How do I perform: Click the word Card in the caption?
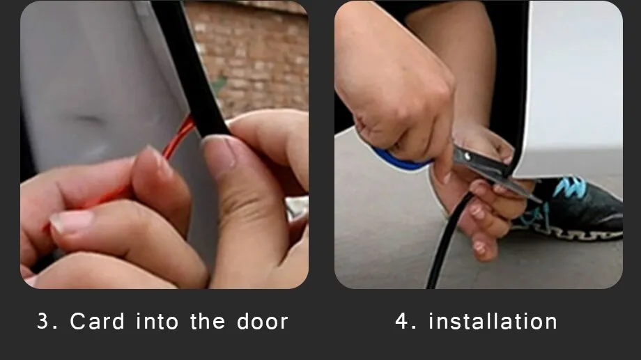(x=98, y=321)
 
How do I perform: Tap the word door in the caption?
(x=263, y=321)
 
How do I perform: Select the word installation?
(x=493, y=321)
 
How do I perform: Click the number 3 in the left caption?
(x=43, y=321)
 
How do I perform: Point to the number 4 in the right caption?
(x=401, y=321)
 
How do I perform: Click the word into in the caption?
(x=157, y=321)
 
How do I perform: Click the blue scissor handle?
(x=400, y=160)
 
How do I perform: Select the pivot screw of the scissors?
(x=467, y=156)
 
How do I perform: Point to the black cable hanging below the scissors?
(x=447, y=241)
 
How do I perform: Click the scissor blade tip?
(x=539, y=201)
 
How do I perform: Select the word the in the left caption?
(x=208, y=321)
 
